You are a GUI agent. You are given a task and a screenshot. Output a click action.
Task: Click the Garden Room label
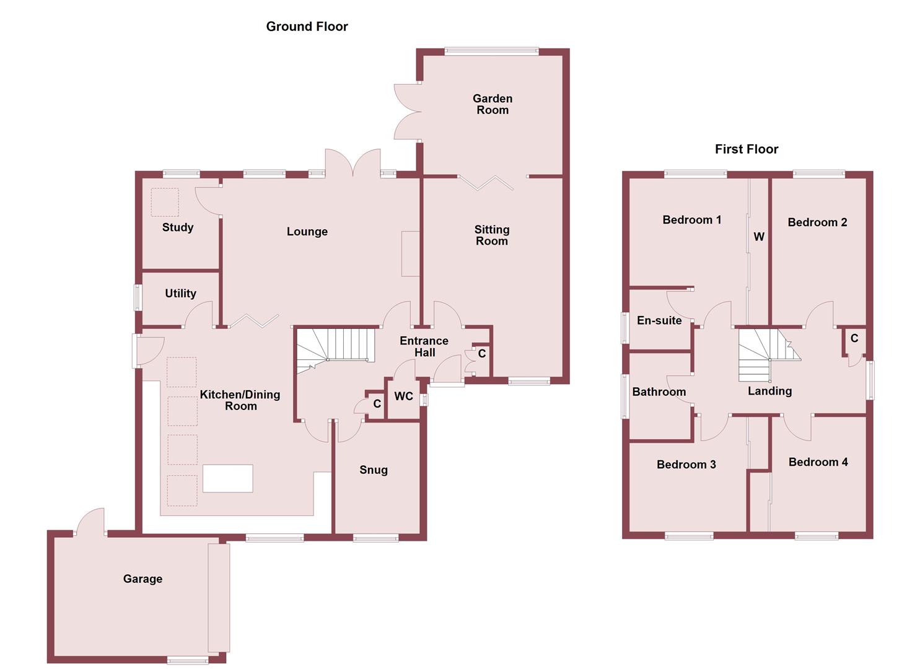coord(492,104)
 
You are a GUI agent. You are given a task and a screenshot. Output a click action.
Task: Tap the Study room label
coord(178,227)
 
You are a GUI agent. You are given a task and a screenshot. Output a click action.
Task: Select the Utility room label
coord(180,294)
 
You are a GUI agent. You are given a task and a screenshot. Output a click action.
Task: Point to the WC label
coord(403,396)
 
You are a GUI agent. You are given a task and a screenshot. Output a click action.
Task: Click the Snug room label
coord(374,470)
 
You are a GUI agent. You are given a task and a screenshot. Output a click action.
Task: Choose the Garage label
coord(142,579)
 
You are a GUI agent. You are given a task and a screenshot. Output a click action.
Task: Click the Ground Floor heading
coord(307,27)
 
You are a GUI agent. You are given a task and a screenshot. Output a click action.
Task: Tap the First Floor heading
coord(746,149)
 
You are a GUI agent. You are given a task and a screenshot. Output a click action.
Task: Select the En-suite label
coord(659,321)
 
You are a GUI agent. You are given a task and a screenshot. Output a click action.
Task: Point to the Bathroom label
coord(659,392)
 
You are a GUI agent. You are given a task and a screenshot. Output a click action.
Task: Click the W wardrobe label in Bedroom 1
coord(758,237)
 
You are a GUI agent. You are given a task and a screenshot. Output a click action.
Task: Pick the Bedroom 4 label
coord(818,462)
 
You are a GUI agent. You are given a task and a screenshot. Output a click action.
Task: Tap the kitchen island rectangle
coord(227,478)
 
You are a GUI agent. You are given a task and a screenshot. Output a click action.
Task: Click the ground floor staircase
coord(335,348)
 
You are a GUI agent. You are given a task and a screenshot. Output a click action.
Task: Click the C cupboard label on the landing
coord(854,338)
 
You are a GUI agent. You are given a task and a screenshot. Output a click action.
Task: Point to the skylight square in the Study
coord(165,203)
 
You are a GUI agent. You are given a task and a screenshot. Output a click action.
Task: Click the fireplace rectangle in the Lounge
coord(410,253)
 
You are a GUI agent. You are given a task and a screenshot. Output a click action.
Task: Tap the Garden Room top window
coord(491,51)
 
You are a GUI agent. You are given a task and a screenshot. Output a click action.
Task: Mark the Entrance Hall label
coord(424,347)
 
